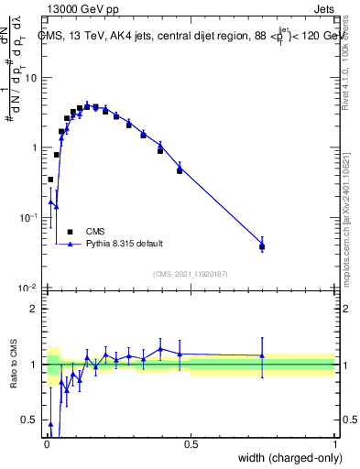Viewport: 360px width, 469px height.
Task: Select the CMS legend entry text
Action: (94, 232)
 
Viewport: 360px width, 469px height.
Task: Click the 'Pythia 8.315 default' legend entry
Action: (125, 244)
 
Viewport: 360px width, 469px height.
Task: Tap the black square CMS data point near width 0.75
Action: (262, 246)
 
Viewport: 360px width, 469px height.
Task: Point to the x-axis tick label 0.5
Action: (191, 443)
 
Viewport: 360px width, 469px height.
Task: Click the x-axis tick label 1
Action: (334, 443)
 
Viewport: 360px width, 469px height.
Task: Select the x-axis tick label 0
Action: (46, 443)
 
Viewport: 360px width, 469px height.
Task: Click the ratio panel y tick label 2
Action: (35, 309)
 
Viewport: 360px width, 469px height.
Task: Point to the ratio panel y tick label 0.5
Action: (30, 421)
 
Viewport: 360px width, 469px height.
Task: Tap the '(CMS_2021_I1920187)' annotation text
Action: (190, 273)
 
